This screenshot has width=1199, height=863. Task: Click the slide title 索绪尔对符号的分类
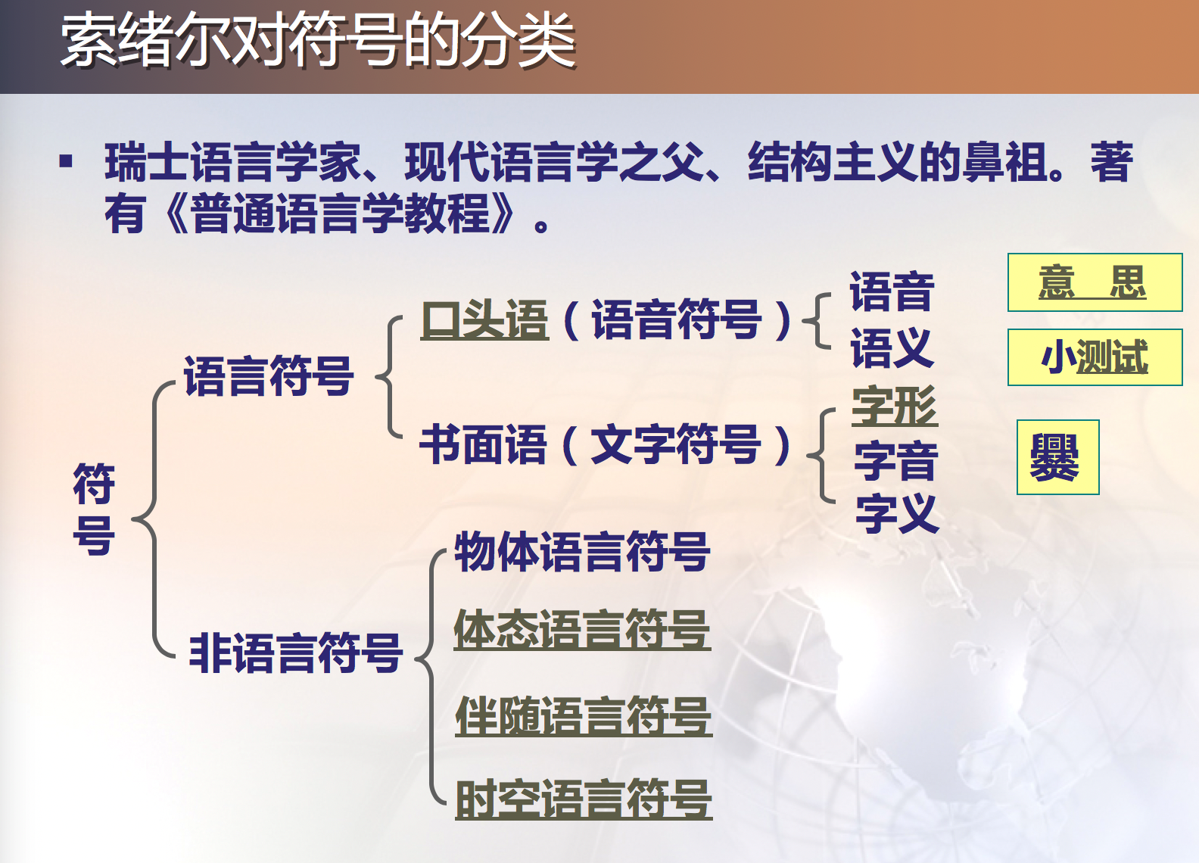[x=318, y=41]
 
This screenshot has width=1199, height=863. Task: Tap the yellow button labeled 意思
[x=1095, y=282]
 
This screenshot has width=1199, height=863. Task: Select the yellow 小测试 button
[x=1095, y=357]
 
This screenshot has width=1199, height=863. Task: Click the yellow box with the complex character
[x=1057, y=457]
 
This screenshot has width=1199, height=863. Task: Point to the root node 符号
[x=94, y=509]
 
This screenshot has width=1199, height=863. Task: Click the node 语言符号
[x=269, y=375]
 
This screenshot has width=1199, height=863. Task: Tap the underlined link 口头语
[x=484, y=319]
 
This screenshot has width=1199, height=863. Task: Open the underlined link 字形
[x=895, y=406]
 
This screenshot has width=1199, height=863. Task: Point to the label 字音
[x=896, y=460]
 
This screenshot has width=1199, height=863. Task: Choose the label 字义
[x=897, y=513]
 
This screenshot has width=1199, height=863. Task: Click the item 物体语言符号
[x=582, y=551]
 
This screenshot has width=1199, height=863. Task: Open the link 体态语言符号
[x=582, y=630]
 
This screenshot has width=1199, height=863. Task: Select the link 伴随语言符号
[x=584, y=716]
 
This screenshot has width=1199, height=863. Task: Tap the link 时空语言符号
[x=584, y=799]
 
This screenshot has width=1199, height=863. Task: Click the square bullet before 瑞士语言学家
[x=66, y=161]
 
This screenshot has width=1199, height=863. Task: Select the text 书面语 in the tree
[x=484, y=444]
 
